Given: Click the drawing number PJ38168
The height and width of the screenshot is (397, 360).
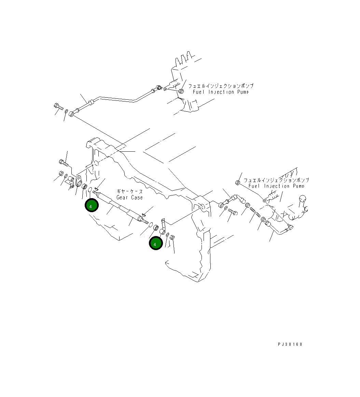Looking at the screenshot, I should pos(290,344).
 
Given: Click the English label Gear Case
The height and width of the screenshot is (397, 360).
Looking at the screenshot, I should pos(129,197).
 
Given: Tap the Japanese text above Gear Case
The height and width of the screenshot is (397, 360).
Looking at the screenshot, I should pos(129,192).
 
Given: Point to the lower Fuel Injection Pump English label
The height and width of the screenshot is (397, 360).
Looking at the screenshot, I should pos(276,186).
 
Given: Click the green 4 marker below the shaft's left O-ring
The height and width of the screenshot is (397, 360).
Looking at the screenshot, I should pos(92,206).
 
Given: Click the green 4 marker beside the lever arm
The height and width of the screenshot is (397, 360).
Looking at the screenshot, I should pos(155,244).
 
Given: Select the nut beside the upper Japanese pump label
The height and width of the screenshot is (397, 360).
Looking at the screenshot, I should pos(181,91).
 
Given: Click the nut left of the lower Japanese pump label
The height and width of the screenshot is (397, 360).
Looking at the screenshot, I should pos(238,182).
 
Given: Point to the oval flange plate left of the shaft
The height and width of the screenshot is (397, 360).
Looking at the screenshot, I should pos(78,181).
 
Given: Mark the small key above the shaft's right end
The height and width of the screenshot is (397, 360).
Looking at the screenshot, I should pos(144,215).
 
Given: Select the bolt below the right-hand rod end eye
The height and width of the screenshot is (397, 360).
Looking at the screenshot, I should pos(233,212).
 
